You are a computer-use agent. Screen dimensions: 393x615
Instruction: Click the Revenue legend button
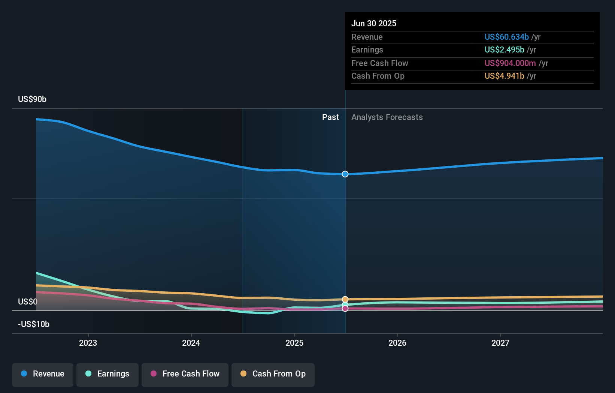pos(43,374)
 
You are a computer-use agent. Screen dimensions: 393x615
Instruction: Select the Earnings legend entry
pos(107,374)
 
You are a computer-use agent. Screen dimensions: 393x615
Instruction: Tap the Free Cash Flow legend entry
pos(185,374)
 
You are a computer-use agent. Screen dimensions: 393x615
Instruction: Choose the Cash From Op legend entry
pos(273,374)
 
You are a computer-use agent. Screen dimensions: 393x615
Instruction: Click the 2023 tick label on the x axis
pos(88,343)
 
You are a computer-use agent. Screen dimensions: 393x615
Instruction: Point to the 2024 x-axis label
pos(191,343)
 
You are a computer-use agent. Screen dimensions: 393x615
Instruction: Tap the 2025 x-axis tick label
pos(294,343)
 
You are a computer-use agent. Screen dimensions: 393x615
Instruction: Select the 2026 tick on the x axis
pos(397,343)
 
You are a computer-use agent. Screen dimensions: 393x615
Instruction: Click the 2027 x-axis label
pos(500,343)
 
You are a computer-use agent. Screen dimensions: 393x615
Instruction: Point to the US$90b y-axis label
pos(32,99)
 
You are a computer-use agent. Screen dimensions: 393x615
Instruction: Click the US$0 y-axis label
pos(28,302)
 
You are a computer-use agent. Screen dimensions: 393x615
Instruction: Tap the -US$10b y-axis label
pos(34,324)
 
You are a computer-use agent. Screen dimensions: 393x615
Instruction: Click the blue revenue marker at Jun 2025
pos(345,174)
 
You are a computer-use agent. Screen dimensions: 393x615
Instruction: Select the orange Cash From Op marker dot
pos(345,299)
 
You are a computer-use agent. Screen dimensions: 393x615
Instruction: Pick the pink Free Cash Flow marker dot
pos(345,309)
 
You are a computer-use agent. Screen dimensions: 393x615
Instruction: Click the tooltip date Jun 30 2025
pos(374,24)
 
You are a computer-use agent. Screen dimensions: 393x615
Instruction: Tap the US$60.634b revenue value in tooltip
pos(506,37)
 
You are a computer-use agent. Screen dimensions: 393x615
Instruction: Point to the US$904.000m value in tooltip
pos(510,63)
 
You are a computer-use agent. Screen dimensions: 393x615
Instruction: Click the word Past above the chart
pos(330,117)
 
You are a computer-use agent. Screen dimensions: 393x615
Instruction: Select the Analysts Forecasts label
pos(387,117)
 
